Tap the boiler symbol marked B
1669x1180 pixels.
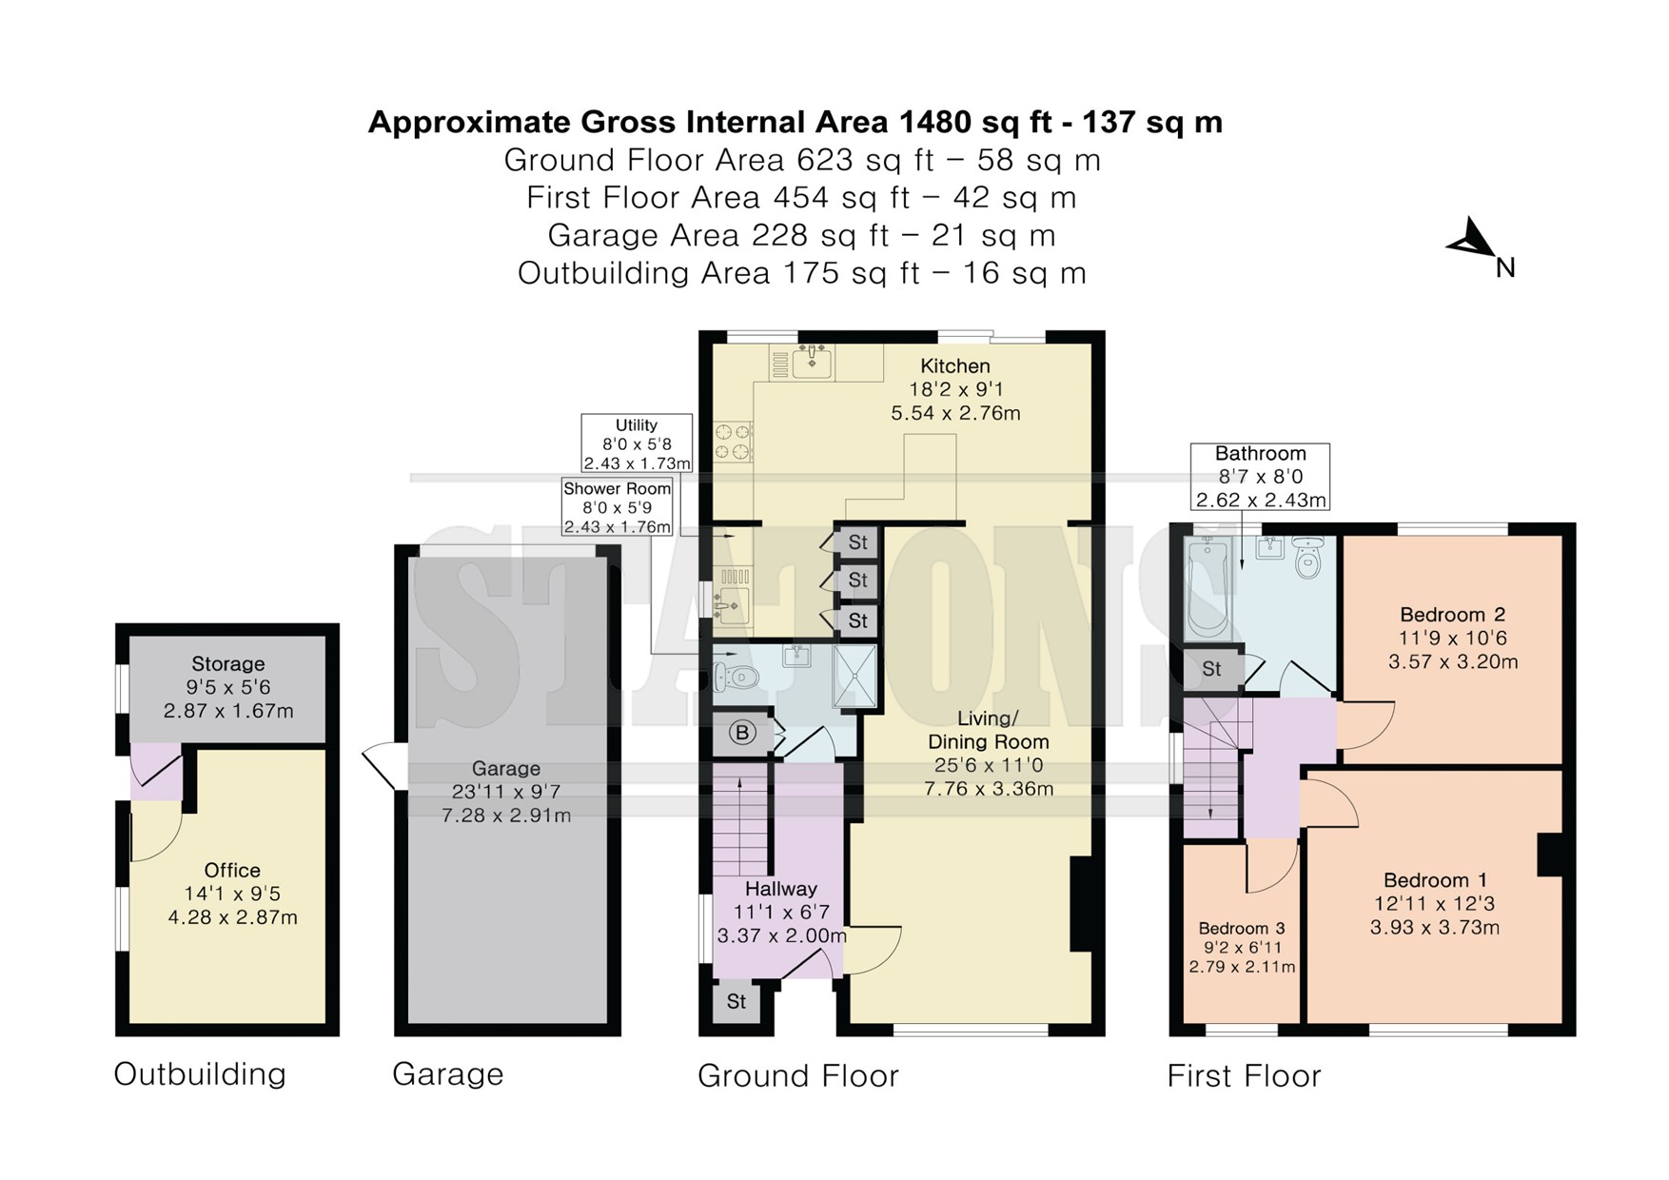(x=742, y=733)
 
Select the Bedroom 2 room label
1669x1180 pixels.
(x=1452, y=615)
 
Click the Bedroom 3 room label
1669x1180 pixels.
(x=1241, y=928)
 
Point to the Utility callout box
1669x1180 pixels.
(x=637, y=443)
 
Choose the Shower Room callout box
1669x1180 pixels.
(x=618, y=507)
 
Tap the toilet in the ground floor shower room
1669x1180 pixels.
(x=734, y=678)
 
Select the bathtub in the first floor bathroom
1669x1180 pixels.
(x=1208, y=589)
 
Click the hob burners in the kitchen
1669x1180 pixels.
(x=733, y=441)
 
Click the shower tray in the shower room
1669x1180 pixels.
(x=854, y=677)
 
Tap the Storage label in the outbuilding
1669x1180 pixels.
(x=228, y=664)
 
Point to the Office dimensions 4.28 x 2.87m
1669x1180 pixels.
(x=232, y=918)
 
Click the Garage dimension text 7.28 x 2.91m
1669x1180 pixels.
(x=506, y=816)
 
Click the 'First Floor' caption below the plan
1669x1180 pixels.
(x=1244, y=1076)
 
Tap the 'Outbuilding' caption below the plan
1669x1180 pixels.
(x=200, y=1074)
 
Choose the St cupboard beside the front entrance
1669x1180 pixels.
(x=736, y=1002)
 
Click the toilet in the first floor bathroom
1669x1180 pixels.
(x=1309, y=560)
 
